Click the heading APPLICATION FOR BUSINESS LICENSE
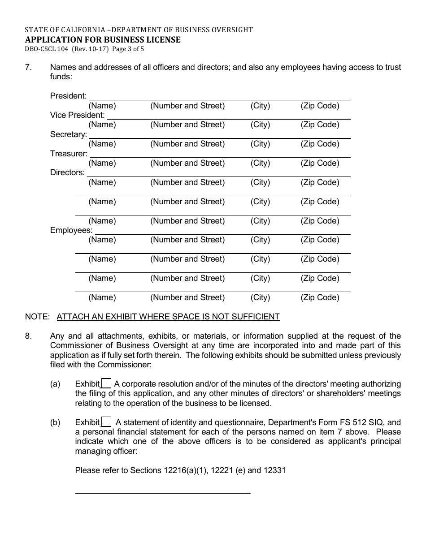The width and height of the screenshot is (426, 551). click(x=103, y=39)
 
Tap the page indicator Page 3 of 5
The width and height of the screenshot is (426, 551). click(x=127, y=49)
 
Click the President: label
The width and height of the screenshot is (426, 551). click(x=69, y=96)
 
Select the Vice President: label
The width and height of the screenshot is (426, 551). click(x=77, y=115)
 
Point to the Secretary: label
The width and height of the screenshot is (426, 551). click(x=68, y=134)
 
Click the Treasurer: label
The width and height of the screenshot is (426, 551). click(x=69, y=154)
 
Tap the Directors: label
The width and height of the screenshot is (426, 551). click(x=67, y=172)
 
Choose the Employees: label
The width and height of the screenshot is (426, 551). click(x=71, y=230)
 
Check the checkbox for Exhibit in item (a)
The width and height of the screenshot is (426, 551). click(x=106, y=383)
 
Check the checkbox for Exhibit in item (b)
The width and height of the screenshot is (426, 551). click(x=106, y=422)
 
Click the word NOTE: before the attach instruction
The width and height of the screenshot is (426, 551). click(x=37, y=317)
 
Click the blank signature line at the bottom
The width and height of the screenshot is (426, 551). click(x=162, y=493)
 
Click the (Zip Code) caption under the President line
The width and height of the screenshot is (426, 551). click(x=320, y=106)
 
